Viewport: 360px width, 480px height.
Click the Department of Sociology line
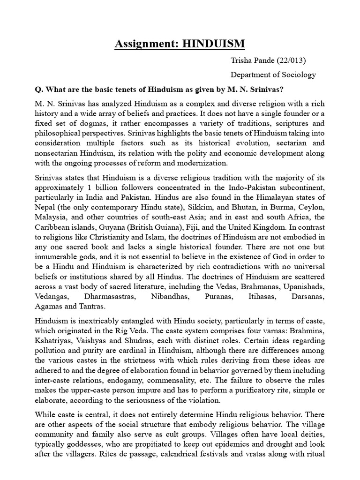273,75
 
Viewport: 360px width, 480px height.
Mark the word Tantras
92,307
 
